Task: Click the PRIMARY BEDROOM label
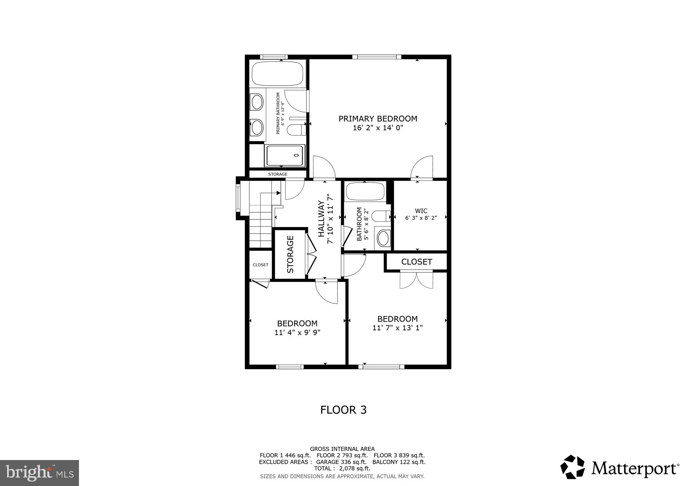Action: pos(378,119)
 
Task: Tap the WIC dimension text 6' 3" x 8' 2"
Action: pos(421,218)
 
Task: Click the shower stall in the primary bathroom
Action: pos(285,155)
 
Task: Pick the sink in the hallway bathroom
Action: pos(383,239)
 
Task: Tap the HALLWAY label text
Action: pos(321,219)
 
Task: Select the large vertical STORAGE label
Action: pos(291,254)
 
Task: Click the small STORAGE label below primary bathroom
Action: pos(277,174)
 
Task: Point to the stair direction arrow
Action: pos(278,193)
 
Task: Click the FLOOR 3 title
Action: pos(343,410)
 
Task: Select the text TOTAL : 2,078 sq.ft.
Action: pos(342,468)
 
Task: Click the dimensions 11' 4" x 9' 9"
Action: pos(297,332)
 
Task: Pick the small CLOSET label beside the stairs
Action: pos(260,265)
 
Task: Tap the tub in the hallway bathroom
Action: pos(365,192)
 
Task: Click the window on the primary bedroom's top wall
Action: pos(377,57)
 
